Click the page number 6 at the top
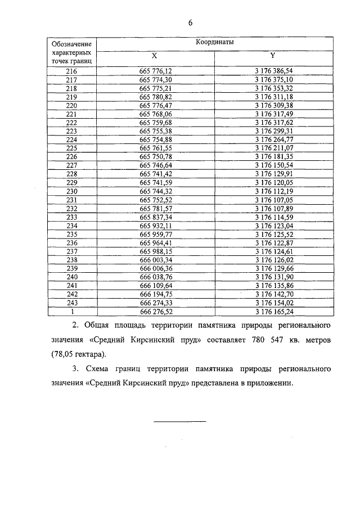tap(190, 23)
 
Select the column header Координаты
tap(215, 42)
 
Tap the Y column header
tap(272, 56)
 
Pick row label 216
tap(71, 71)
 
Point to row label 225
tap(71, 148)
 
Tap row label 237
tap(71, 250)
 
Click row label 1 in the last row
tap(71, 310)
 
